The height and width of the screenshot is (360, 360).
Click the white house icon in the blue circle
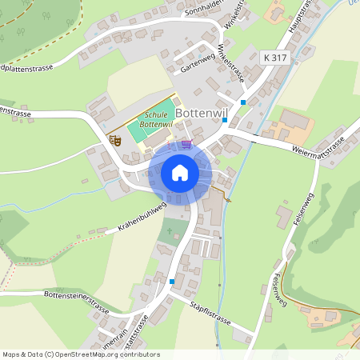179,173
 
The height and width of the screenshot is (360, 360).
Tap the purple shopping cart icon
186,144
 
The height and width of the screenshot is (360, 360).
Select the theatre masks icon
115,140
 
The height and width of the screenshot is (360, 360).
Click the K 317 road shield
274,57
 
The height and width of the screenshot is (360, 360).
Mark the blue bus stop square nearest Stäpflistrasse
171,281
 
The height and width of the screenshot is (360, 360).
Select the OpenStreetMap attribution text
81,354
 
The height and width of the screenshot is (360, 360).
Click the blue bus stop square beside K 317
243,102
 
